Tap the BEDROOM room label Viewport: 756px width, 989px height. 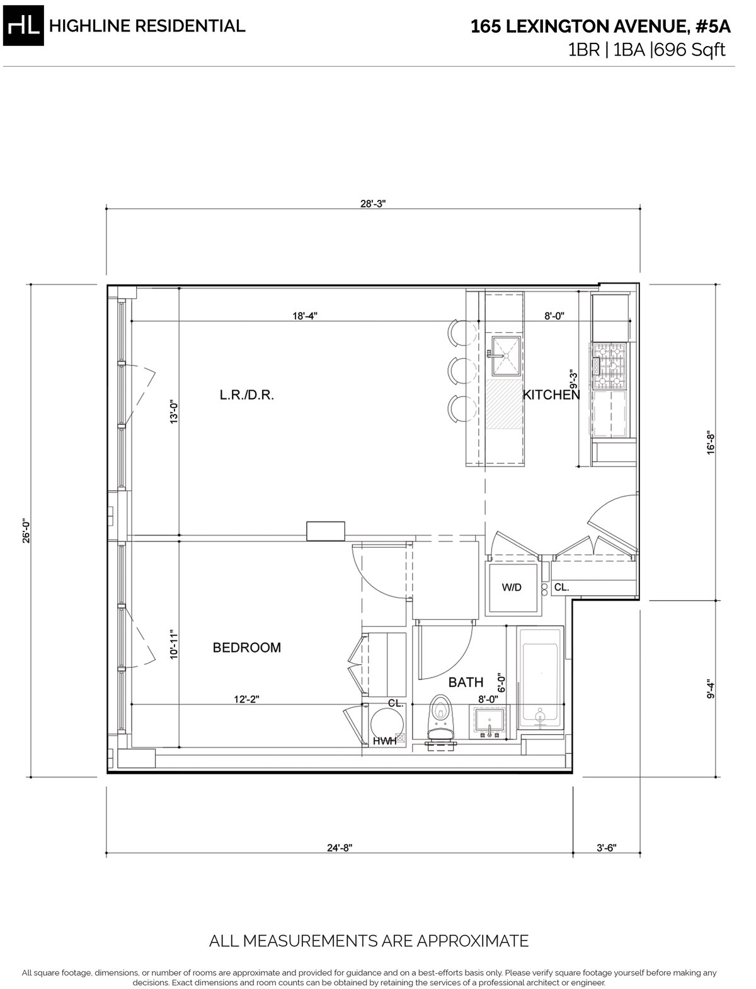247,647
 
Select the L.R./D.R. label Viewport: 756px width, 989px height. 247,395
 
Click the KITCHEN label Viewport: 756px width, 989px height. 551,395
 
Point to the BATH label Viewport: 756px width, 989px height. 466,682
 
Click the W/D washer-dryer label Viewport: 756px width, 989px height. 512,587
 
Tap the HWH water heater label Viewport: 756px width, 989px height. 384,741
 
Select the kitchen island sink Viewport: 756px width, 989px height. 506,356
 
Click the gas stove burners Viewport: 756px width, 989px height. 610,366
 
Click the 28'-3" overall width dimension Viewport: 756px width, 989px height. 373,204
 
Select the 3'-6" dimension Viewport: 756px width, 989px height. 606,848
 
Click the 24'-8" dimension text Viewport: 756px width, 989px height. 340,848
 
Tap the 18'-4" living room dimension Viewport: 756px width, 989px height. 305,316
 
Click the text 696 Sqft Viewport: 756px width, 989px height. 689,50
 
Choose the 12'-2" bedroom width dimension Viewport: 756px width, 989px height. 246,699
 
